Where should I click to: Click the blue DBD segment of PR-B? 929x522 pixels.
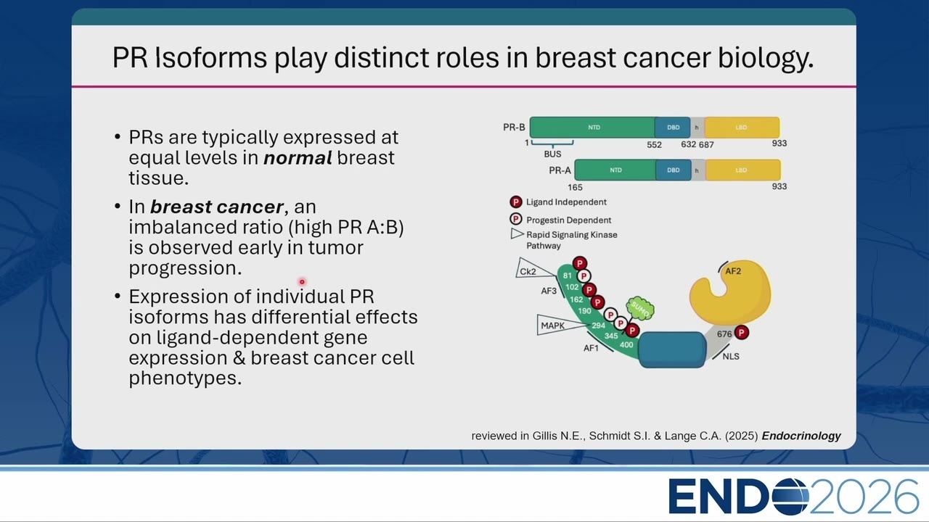[673, 127]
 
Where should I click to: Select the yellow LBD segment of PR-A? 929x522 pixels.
[743, 170]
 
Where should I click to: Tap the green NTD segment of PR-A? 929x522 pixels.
[615, 170]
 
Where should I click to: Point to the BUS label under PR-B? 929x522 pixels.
[552, 154]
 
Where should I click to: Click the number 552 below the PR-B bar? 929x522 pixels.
[655, 144]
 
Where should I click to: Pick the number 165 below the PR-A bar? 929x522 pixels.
[575, 187]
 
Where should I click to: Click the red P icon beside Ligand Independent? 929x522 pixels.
[516, 202]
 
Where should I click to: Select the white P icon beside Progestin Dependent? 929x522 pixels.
[516, 219]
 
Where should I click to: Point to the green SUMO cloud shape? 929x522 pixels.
[640, 309]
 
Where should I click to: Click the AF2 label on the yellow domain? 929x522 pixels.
[733, 271]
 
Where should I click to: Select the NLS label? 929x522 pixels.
[731, 356]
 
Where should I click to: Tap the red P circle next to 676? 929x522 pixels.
[742, 332]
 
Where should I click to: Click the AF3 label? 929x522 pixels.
[549, 291]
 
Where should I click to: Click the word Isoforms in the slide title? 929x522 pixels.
[211, 57]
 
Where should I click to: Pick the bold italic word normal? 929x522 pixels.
[298, 157]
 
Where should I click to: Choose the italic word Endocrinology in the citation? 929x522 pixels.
[801, 436]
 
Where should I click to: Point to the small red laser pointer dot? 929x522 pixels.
[302, 282]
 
